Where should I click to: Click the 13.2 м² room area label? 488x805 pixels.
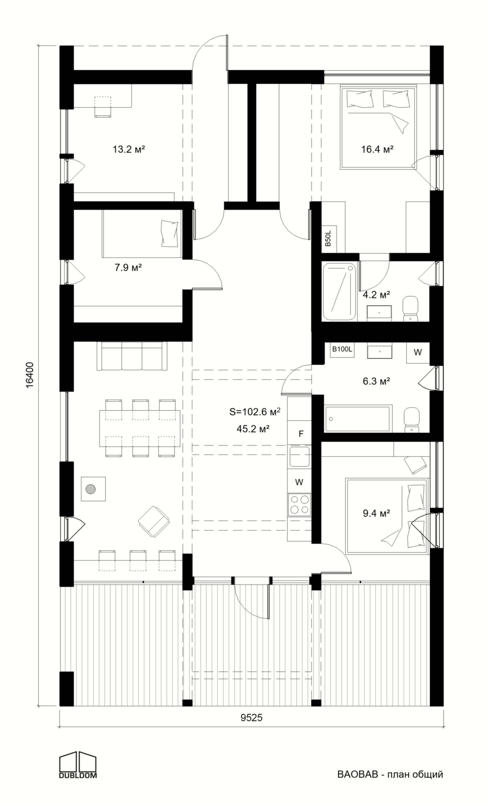tap(129, 150)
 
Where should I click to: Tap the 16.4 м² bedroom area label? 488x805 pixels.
tap(377, 150)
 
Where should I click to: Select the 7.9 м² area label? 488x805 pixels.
tap(128, 268)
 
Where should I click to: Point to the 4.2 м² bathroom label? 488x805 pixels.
tap(376, 295)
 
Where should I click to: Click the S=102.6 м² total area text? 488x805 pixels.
tap(255, 412)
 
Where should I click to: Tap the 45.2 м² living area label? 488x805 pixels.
tap(253, 429)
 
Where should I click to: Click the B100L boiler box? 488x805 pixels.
tap(342, 350)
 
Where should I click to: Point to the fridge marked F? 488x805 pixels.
tap(299, 433)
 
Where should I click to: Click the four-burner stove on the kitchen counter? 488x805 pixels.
tap(299, 505)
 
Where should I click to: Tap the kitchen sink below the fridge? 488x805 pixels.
tap(299, 456)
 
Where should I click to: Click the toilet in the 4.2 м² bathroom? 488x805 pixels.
tap(410, 308)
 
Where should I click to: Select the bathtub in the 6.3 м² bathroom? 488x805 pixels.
tap(358, 419)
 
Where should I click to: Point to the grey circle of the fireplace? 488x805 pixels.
tap(91, 489)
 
